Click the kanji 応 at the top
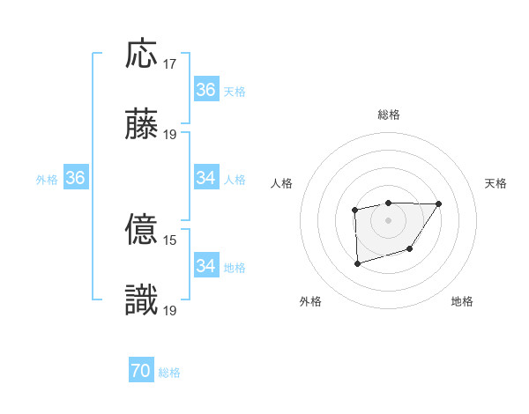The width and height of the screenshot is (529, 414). click(x=142, y=55)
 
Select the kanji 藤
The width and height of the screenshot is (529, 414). click(x=142, y=125)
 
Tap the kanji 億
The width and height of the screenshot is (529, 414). click(x=142, y=231)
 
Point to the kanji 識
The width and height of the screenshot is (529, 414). click(x=142, y=301)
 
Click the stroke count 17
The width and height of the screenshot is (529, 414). click(x=170, y=64)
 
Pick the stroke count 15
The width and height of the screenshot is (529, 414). click(x=170, y=240)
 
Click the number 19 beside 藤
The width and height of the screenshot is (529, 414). click(x=170, y=135)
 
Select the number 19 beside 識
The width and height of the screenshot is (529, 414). click(x=170, y=311)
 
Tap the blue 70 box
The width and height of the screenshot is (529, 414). click(x=141, y=372)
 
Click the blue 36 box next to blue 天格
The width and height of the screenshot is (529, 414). click(x=206, y=90)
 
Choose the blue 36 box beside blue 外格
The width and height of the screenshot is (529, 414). click(x=75, y=178)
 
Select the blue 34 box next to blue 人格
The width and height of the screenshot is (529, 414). click(x=206, y=178)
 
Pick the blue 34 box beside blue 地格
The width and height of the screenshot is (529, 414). click(x=206, y=266)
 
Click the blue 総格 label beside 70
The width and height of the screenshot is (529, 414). click(x=169, y=373)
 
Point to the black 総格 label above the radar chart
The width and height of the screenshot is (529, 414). click(x=389, y=115)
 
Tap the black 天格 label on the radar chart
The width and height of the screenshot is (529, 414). click(x=496, y=183)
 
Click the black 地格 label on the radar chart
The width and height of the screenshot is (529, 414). click(x=462, y=301)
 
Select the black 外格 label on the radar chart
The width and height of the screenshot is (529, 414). click(x=310, y=301)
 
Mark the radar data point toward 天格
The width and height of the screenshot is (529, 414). click(x=439, y=204)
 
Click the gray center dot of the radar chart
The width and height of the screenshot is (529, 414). click(x=389, y=219)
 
